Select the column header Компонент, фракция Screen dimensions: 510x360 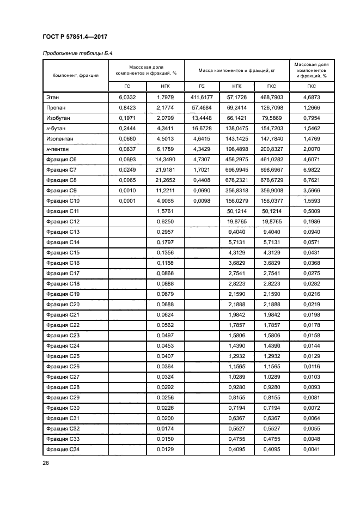(x=75, y=75)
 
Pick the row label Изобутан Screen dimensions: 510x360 (x=58, y=118)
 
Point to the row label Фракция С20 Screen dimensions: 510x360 (x=63, y=304)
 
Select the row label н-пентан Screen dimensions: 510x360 (x=58, y=149)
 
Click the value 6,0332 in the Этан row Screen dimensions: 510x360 (x=127, y=97)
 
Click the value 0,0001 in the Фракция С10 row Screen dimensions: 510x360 (x=127, y=201)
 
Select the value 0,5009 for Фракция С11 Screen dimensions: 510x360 (x=312, y=211)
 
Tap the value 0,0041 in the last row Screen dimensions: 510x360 (x=312, y=449)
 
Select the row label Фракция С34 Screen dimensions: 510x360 (x=63, y=449)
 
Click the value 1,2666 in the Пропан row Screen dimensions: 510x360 (x=312, y=107)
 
